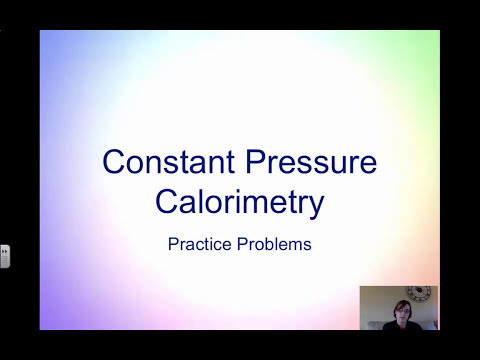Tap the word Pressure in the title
[306, 162]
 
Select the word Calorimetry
[240, 202]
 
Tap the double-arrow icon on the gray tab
[4, 251]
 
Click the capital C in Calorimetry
[167, 202]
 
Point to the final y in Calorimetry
[317, 206]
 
